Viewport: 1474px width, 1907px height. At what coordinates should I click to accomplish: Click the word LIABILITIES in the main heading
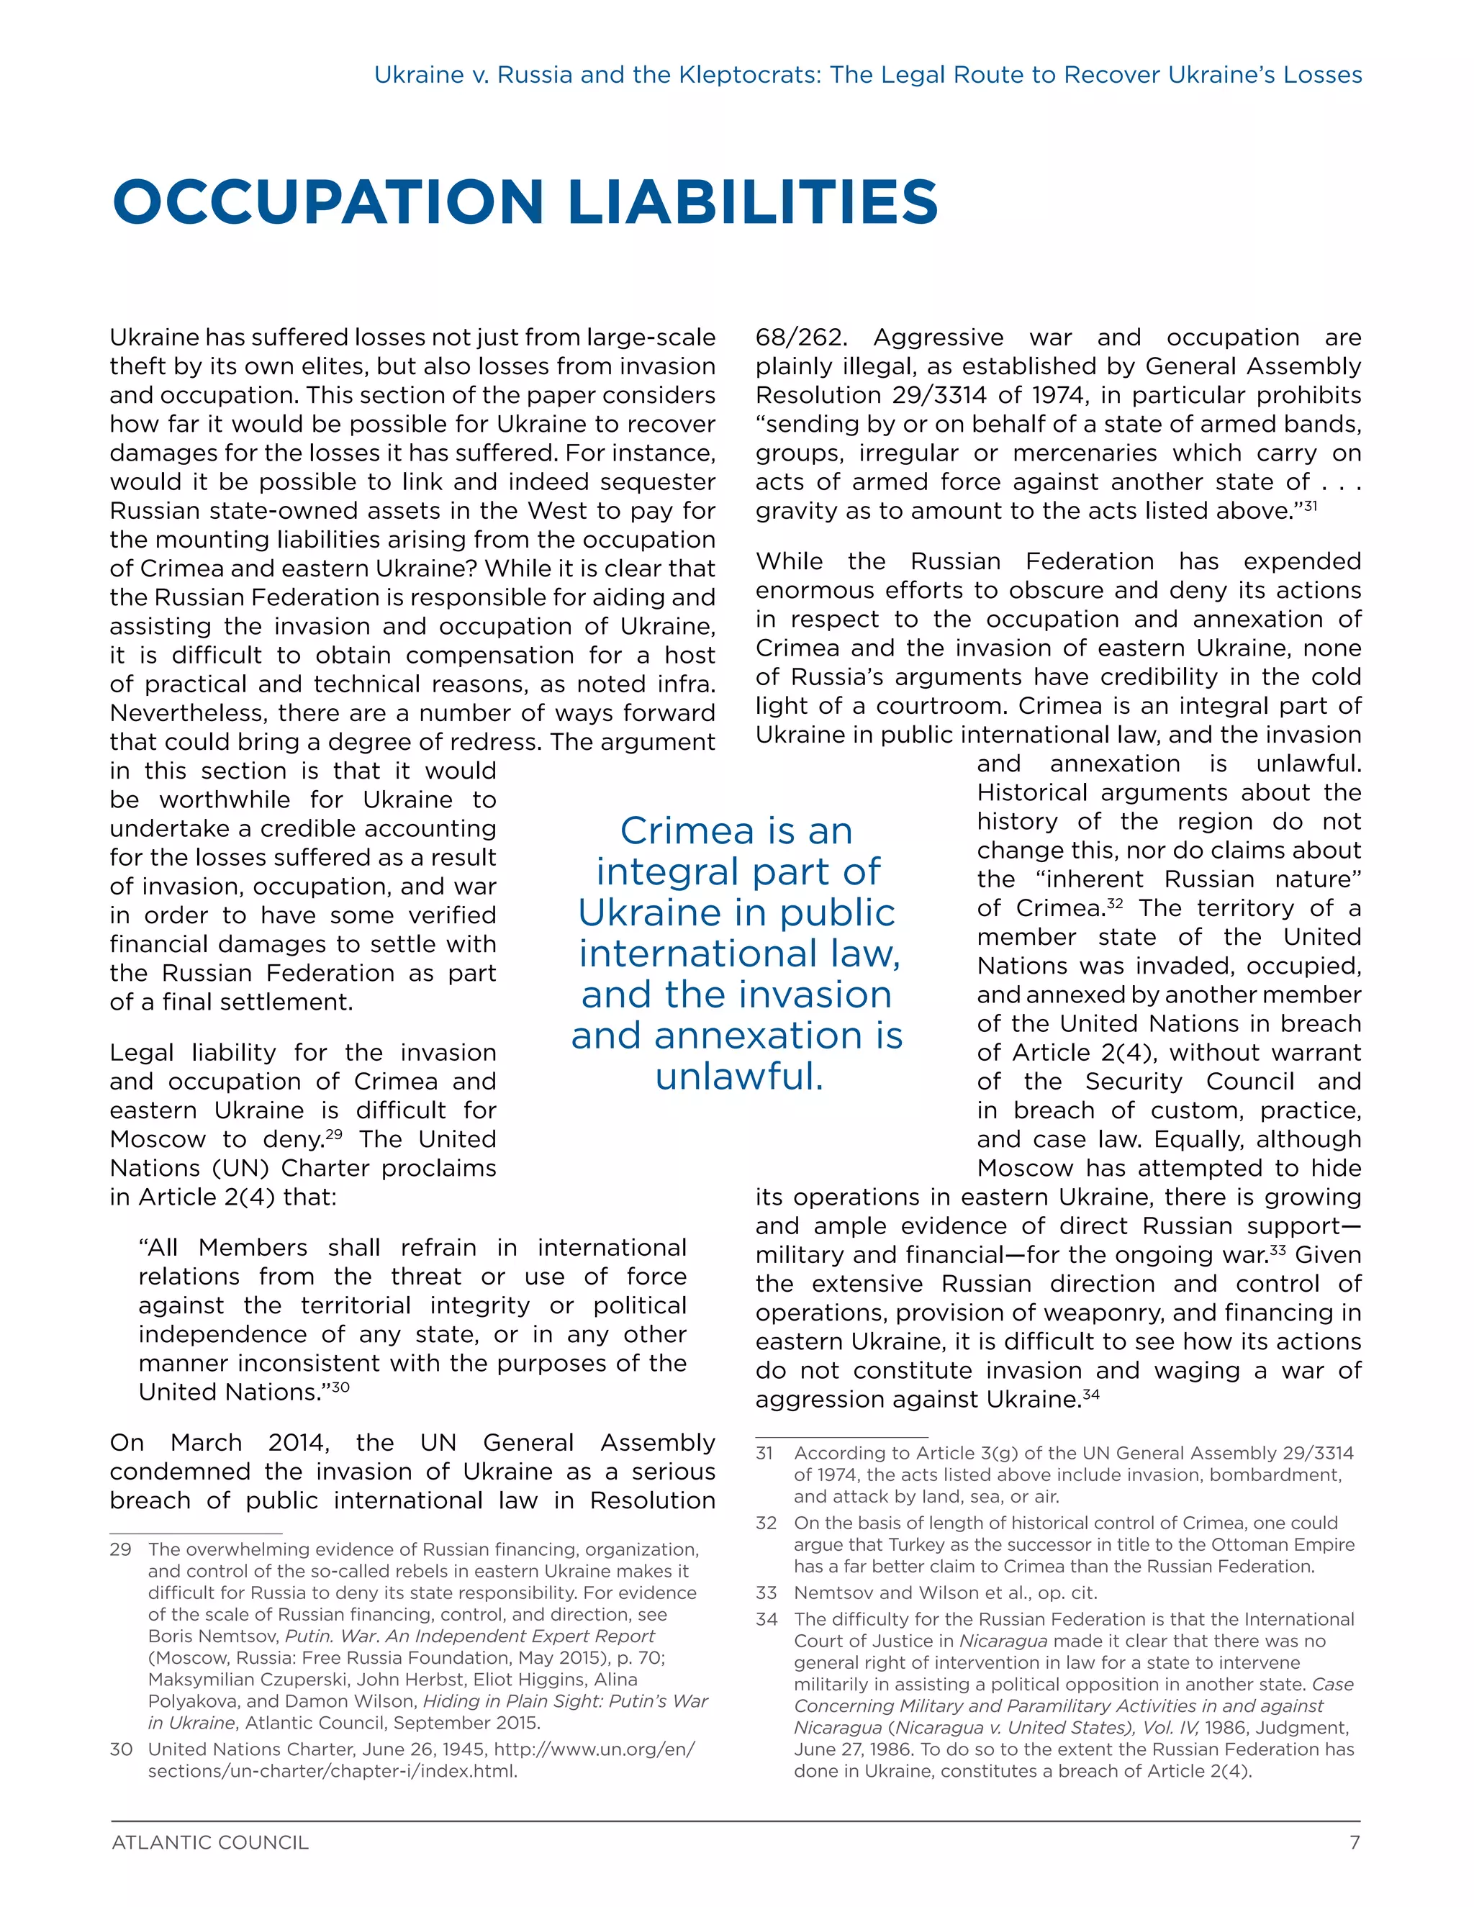753,201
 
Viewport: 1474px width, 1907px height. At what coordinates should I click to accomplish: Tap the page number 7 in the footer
1355,1843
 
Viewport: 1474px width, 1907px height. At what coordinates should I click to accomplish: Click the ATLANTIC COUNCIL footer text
210,1843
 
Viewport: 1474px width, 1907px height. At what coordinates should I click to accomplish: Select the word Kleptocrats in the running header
749,75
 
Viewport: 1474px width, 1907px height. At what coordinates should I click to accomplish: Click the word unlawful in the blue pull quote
738,1076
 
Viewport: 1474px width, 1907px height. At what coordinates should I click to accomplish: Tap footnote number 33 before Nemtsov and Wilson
767,1593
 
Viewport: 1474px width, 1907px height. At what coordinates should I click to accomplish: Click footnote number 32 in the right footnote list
767,1523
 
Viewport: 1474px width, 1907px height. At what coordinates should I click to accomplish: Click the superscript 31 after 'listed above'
1310,506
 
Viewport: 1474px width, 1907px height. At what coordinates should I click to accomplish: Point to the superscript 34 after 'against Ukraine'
1090,1395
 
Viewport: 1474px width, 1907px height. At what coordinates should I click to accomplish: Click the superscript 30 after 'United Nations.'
340,1387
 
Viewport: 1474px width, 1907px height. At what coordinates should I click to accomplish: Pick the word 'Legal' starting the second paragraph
142,1053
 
